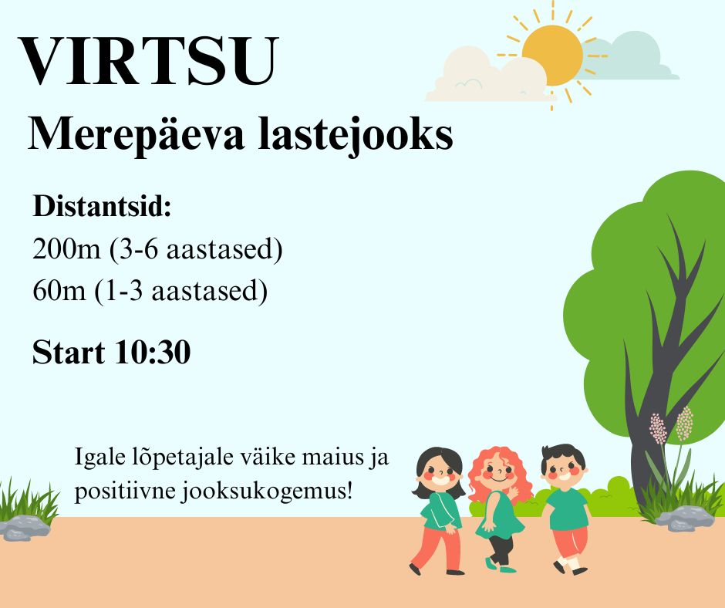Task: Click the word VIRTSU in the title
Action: [148, 61]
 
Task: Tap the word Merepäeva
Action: [136, 135]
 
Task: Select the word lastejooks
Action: [355, 133]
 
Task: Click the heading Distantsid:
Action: [102, 206]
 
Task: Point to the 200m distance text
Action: [66, 249]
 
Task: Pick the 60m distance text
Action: [59, 291]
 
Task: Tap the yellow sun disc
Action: [552, 56]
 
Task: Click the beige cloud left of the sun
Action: [485, 76]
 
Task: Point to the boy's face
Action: [564, 471]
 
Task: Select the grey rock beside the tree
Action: [684, 518]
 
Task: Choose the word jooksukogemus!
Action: [267, 491]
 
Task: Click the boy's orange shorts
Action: [571, 542]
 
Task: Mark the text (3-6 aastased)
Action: [196, 250]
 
